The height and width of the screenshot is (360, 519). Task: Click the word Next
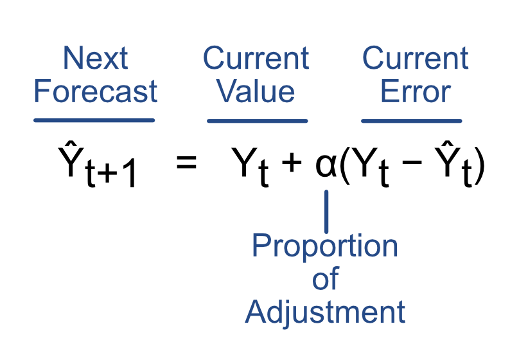95,59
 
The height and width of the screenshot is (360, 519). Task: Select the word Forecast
95,91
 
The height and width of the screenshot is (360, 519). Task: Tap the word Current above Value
256,59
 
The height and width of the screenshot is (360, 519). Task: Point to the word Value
256,91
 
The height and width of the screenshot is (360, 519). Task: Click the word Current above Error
415,59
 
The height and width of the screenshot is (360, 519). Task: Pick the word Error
415,91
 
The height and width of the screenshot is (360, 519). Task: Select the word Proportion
324,246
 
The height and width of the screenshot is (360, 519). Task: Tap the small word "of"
325,280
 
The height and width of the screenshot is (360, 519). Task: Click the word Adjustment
325,312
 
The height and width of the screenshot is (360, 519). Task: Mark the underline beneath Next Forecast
94,120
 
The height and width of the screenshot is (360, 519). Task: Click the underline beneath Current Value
257,120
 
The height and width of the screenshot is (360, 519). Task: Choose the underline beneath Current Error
412,120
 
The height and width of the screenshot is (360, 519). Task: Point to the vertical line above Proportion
326,211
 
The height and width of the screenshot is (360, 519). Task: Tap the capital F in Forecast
41,91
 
